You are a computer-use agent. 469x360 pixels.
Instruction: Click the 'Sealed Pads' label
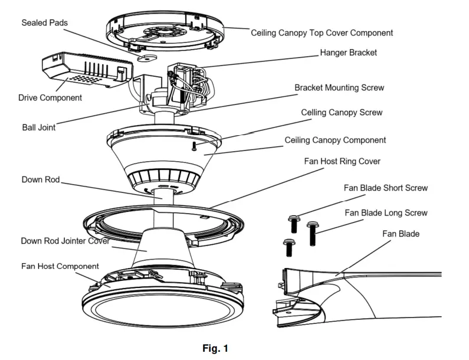pyautogui.click(x=44, y=23)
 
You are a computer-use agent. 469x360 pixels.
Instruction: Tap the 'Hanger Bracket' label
pyautogui.click(x=348, y=53)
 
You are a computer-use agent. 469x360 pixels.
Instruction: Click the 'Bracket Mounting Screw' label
pyautogui.click(x=339, y=88)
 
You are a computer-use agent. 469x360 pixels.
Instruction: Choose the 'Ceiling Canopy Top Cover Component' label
pyautogui.click(x=322, y=33)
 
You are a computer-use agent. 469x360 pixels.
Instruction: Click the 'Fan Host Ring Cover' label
pyautogui.click(x=342, y=161)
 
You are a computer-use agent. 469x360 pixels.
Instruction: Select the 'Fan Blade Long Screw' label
pyautogui.click(x=386, y=213)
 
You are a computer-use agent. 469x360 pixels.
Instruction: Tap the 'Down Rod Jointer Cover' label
pyautogui.click(x=65, y=241)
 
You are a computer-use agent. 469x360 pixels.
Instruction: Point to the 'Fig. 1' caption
pyautogui.click(x=215, y=349)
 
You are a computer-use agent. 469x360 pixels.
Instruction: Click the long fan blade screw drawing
pyautogui.click(x=312, y=234)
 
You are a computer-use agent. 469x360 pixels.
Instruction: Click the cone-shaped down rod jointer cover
pyautogui.click(x=163, y=248)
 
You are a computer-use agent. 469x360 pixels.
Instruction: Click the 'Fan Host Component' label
pyautogui.click(x=60, y=266)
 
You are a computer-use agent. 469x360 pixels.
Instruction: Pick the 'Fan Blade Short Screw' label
pyautogui.click(x=386, y=188)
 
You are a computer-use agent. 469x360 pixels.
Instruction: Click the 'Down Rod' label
pyautogui.click(x=41, y=179)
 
